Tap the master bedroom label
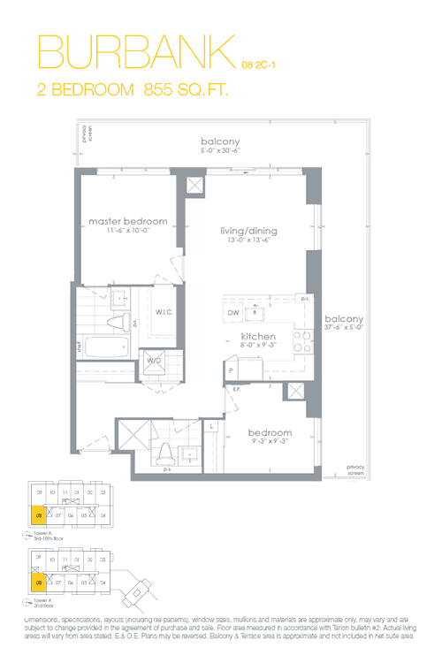pyautogui.click(x=127, y=220)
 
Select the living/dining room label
pyautogui.click(x=248, y=232)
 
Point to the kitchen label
pyautogui.click(x=258, y=338)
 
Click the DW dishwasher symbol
pyautogui.click(x=232, y=312)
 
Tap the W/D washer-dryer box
pyautogui.click(x=154, y=361)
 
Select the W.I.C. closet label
pyautogui.click(x=164, y=312)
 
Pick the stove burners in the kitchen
pyautogui.click(x=301, y=341)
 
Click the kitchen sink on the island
pyautogui.click(x=257, y=311)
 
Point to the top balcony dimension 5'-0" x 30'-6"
pyautogui.click(x=220, y=151)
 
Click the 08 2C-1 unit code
pyautogui.click(x=260, y=64)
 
